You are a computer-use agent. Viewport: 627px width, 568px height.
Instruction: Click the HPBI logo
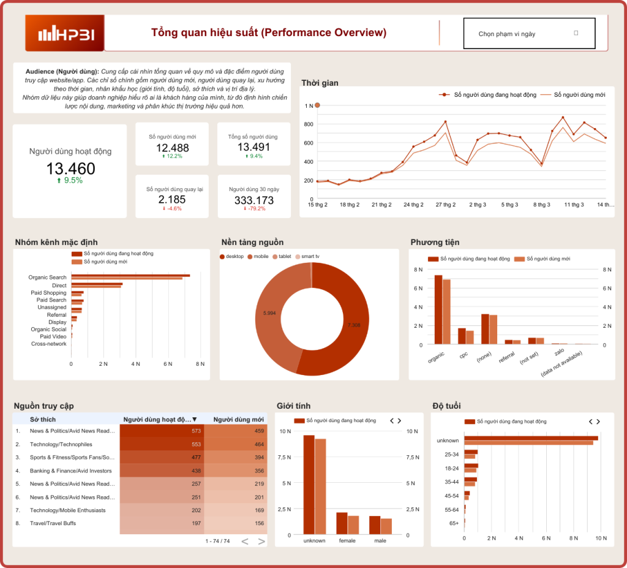coord(65,33)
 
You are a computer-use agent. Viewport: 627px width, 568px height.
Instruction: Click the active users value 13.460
coord(70,169)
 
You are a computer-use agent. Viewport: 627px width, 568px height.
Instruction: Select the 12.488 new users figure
coord(172,148)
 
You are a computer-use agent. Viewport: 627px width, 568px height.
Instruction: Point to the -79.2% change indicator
coord(254,209)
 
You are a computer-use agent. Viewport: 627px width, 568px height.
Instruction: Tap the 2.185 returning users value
coord(172,200)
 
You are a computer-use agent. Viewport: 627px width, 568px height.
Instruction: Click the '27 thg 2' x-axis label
coord(445,205)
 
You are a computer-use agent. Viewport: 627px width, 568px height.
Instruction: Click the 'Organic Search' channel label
coord(47,278)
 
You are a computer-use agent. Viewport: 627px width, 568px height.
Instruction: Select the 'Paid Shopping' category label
coord(48,293)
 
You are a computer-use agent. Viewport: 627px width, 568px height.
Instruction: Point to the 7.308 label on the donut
coord(354,325)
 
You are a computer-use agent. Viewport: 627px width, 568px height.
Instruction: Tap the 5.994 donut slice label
coord(269,313)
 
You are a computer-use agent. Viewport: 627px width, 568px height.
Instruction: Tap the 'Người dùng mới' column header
coord(239,420)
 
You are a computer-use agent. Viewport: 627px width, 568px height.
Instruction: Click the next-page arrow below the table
coord(261,541)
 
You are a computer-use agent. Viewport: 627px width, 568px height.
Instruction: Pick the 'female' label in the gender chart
coord(347,541)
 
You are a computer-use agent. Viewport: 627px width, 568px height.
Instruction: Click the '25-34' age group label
coord(451,454)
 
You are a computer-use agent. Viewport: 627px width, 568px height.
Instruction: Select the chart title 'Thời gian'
coord(320,83)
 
